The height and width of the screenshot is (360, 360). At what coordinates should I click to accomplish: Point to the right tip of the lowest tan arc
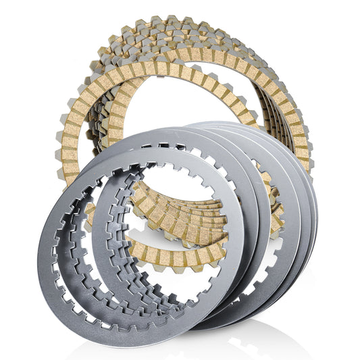224,251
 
